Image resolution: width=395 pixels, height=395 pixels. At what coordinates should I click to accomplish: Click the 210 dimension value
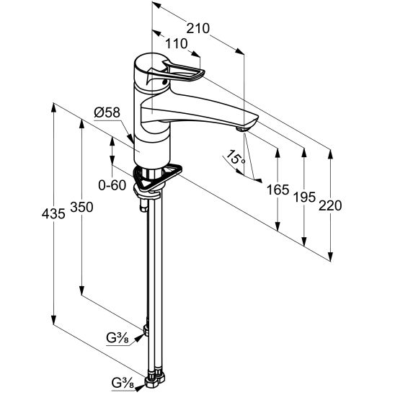click(x=197, y=28)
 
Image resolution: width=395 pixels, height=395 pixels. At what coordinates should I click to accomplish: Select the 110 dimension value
click(x=177, y=44)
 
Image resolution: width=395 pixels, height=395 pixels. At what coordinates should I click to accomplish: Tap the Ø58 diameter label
click(x=107, y=112)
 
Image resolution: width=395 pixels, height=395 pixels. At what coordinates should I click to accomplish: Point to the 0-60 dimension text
click(x=112, y=185)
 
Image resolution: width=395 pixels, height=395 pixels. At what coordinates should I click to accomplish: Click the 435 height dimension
click(x=53, y=214)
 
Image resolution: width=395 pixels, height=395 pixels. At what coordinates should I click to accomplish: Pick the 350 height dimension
click(x=81, y=207)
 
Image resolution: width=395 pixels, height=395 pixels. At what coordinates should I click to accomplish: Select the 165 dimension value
click(x=278, y=190)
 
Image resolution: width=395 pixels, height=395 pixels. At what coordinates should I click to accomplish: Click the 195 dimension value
click(x=305, y=197)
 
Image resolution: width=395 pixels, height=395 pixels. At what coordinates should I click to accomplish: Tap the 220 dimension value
click(x=330, y=205)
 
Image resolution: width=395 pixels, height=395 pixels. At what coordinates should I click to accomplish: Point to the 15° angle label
click(x=235, y=158)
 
